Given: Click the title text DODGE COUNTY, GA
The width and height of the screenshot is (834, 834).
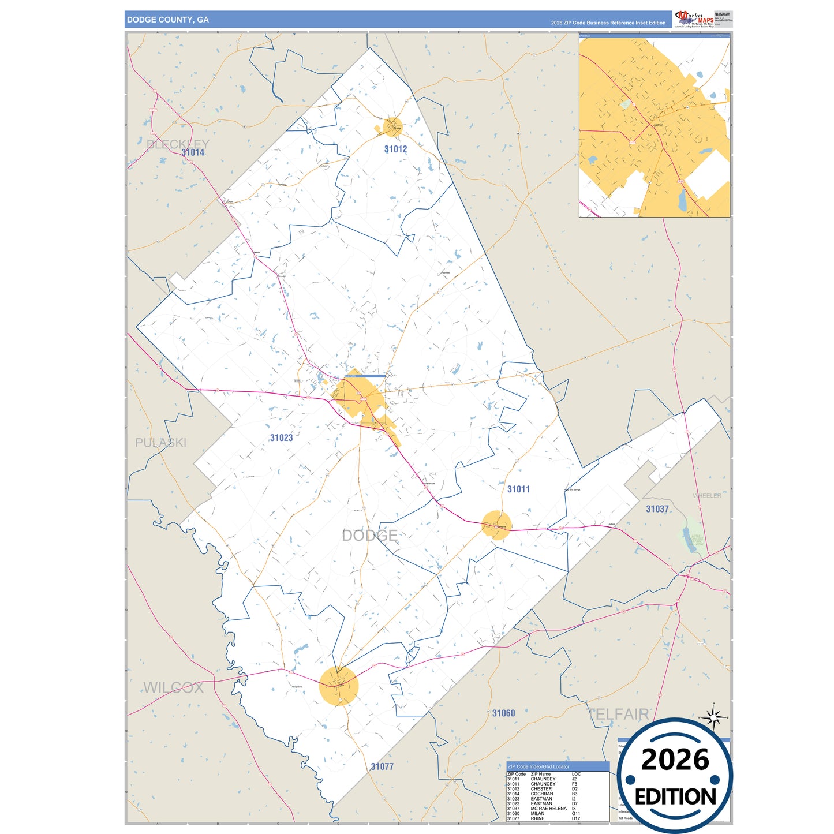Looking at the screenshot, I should click(167, 20).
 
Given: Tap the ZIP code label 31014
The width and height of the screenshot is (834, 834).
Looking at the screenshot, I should click(193, 152).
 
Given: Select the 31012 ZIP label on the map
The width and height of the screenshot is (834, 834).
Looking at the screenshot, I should click(395, 149).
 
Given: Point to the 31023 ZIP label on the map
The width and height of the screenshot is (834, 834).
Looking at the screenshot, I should click(281, 437).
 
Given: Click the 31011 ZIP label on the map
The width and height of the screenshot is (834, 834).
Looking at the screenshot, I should click(518, 489).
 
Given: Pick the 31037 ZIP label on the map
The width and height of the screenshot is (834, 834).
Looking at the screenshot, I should click(657, 508).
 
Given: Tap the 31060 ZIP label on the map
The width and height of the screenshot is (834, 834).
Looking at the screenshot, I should click(503, 713).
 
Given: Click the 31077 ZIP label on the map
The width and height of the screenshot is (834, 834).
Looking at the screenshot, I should click(382, 766).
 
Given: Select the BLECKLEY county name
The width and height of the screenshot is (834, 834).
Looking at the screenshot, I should click(178, 144).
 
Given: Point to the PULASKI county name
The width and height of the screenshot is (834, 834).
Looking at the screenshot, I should click(160, 443).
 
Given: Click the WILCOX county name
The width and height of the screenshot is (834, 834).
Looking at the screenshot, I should click(173, 687).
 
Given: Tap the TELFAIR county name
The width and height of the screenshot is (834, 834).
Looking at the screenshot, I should click(618, 714).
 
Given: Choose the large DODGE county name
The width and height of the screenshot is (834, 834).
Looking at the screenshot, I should click(369, 535).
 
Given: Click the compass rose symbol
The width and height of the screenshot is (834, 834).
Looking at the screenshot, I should click(713, 718).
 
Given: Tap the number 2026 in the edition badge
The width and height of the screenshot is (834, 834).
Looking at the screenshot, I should click(675, 760).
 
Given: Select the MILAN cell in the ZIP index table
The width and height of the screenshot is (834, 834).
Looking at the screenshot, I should click(537, 813).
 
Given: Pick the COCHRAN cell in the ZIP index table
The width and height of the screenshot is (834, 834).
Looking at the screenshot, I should click(541, 794).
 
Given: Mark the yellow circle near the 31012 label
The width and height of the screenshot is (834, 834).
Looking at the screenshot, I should click(393, 126).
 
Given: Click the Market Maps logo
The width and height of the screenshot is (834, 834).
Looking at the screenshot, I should click(694, 19).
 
